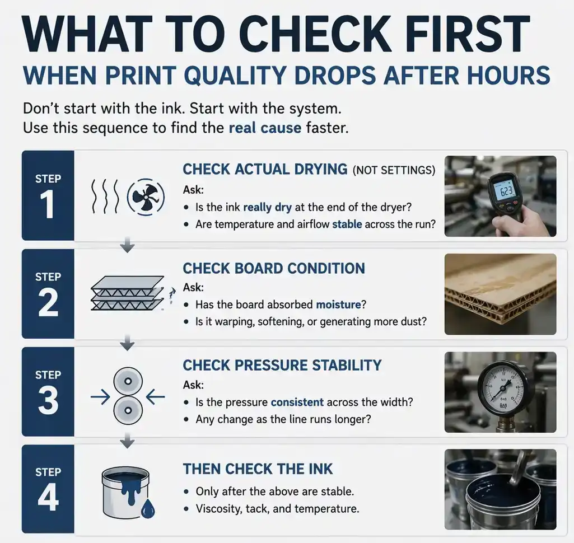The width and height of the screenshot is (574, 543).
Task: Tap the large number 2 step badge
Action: click(48, 302)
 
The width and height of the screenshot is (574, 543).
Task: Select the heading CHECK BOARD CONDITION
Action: click(274, 268)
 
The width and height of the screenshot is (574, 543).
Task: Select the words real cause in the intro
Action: click(265, 128)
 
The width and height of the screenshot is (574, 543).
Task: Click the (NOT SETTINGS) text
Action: click(394, 170)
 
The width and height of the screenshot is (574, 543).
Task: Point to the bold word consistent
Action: click(297, 402)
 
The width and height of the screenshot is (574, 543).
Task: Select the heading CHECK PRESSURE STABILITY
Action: click(282, 366)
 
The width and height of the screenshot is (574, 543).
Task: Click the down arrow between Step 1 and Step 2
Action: click(128, 245)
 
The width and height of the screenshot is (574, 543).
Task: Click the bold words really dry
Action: click(267, 207)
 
